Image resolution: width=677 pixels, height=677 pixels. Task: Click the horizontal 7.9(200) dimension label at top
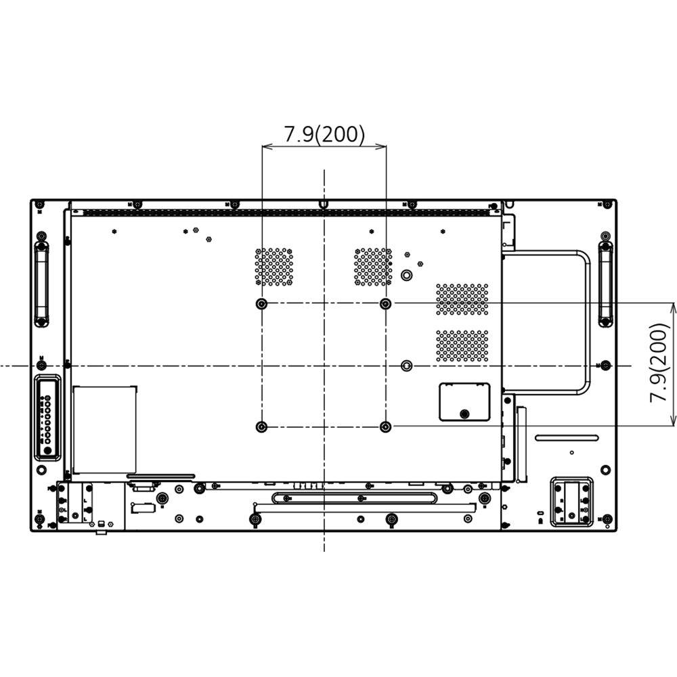click(324, 134)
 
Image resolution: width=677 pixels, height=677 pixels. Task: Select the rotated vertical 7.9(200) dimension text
click(659, 364)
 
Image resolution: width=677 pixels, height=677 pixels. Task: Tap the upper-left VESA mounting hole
click(262, 304)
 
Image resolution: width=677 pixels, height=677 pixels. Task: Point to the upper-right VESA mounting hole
click(385, 304)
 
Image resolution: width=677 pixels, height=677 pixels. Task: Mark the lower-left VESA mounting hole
click(262, 427)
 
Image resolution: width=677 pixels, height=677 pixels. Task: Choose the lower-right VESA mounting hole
click(385, 427)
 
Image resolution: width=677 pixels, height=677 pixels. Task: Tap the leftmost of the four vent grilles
click(274, 266)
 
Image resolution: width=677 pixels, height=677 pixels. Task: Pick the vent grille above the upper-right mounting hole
click(372, 266)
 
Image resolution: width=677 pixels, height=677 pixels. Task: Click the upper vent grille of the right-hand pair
click(462, 299)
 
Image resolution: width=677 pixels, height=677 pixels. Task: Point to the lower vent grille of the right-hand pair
click(462, 345)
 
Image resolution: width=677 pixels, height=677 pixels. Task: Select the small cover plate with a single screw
click(464, 401)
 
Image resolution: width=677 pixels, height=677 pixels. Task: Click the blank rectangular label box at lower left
click(104, 429)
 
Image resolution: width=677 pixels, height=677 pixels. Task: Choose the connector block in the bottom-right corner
click(571, 502)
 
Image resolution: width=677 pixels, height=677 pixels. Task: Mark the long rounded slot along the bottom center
click(354, 498)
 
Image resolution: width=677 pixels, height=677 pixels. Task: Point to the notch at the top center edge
click(324, 203)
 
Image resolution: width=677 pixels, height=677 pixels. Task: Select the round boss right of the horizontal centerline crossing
click(406, 365)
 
